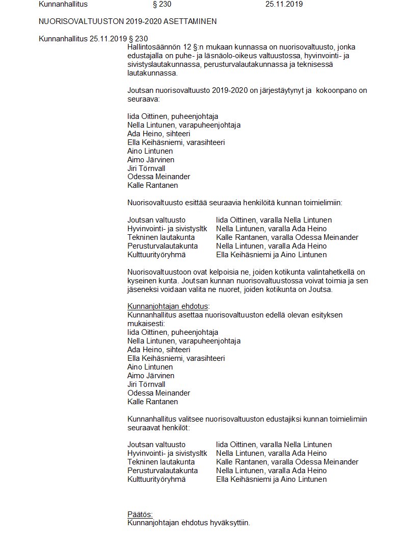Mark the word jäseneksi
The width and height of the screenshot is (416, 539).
(x=143, y=289)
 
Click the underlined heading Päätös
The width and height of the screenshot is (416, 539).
(x=140, y=514)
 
